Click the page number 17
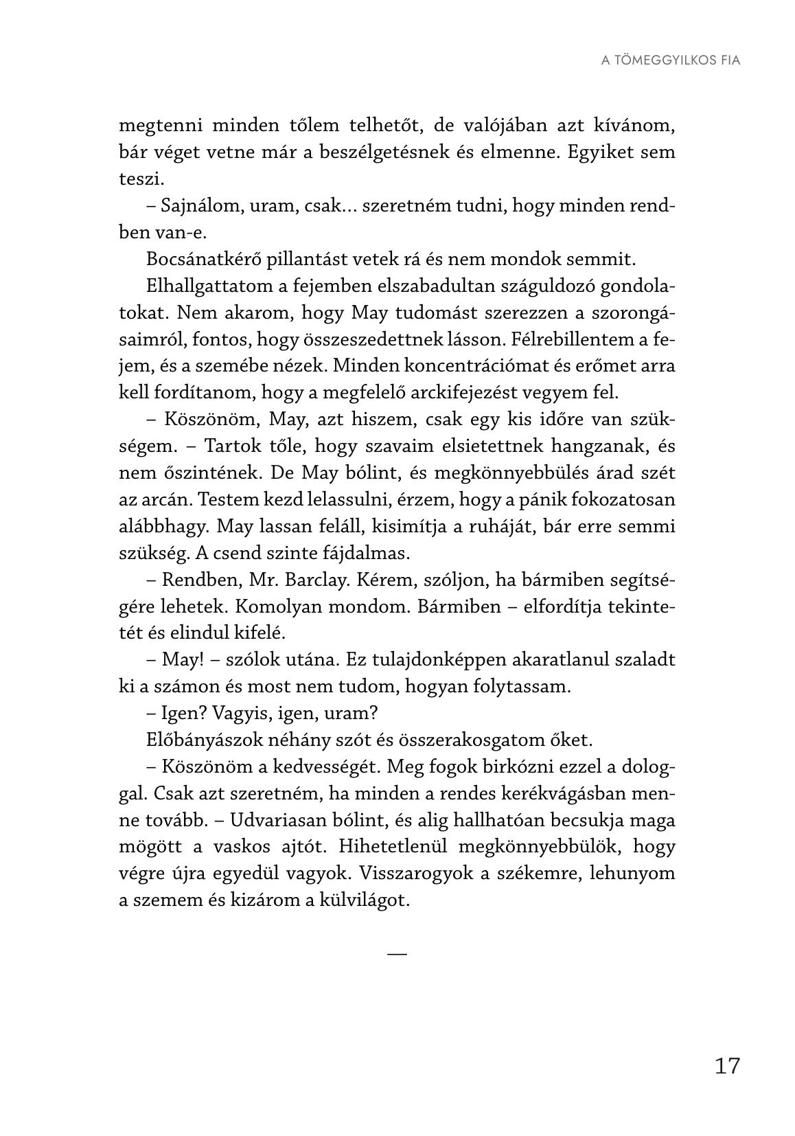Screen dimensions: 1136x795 click(x=727, y=1066)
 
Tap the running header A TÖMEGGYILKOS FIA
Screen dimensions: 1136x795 click(x=671, y=60)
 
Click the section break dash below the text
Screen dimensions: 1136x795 click(x=397, y=953)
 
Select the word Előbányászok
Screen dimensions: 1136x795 click(x=203, y=740)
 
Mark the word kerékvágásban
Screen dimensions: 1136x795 click(x=546, y=793)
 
